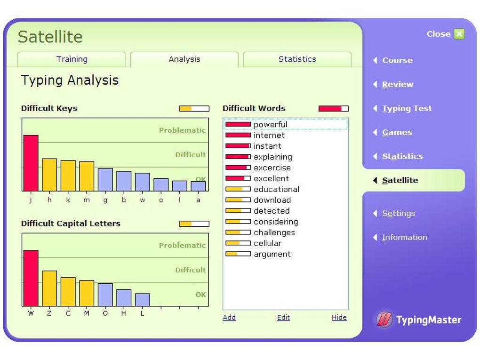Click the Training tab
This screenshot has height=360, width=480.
click(72, 59)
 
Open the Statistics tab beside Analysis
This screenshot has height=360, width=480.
click(297, 59)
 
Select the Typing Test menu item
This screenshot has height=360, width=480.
click(407, 108)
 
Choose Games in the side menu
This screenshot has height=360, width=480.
click(397, 132)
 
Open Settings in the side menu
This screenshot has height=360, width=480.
click(398, 213)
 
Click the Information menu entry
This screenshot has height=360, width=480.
click(404, 237)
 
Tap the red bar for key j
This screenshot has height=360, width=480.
click(31, 163)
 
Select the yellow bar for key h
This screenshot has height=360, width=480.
click(49, 175)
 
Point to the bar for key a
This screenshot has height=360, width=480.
click(198, 186)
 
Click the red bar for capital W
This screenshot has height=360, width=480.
click(31, 278)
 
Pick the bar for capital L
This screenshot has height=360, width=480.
click(143, 300)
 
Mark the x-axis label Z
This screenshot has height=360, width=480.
click(49, 313)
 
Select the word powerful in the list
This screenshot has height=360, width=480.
click(270, 124)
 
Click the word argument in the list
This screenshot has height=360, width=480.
click(272, 254)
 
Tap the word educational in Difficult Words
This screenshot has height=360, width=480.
click(276, 189)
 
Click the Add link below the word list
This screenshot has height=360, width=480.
click(229, 317)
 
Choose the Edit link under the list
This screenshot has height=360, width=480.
click(283, 317)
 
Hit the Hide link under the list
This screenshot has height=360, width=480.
click(339, 317)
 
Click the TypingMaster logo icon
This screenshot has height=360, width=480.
click(384, 320)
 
